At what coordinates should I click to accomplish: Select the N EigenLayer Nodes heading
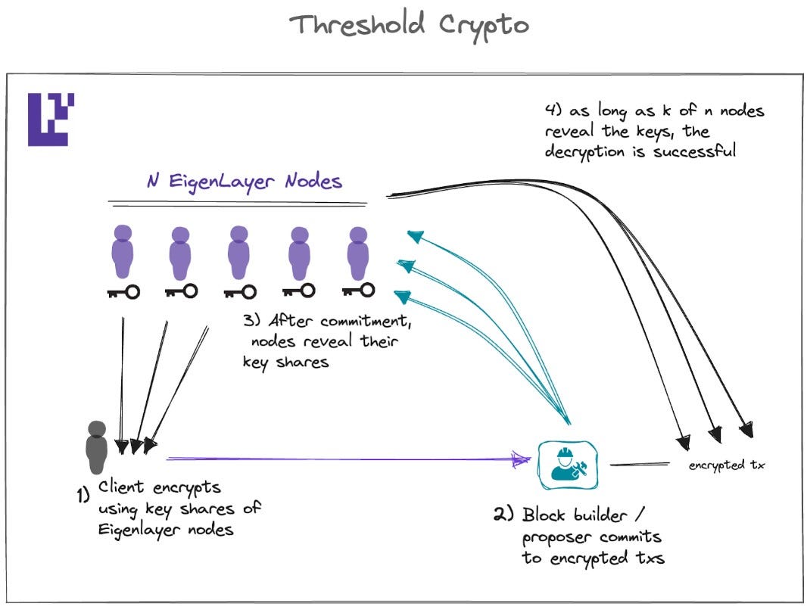[245, 182]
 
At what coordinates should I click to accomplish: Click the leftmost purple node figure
[123, 252]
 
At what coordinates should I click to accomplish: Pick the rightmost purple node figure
[358, 252]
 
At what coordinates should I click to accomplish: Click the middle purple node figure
[239, 252]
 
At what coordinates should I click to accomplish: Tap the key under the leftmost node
[123, 291]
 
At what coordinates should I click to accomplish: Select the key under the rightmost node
[358, 290]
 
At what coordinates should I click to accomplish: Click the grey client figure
[97, 447]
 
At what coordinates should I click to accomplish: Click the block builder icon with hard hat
[566, 465]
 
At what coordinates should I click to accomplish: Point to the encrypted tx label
[726, 465]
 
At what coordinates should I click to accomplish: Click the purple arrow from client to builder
[341, 458]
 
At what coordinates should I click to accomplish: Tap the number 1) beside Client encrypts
[84, 495]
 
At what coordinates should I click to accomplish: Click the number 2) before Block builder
[503, 515]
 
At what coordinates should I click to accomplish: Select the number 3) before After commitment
[252, 319]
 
